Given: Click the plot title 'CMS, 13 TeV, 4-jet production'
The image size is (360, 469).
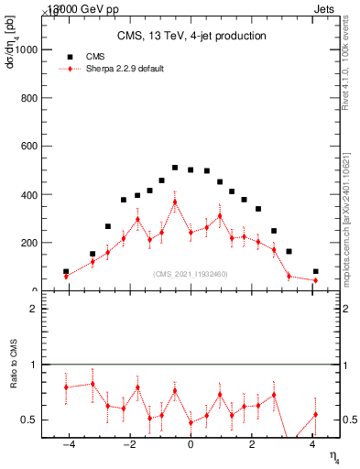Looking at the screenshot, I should tap(191, 37).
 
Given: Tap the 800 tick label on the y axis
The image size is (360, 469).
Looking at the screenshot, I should tap(31, 98).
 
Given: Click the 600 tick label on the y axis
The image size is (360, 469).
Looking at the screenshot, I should tap(31, 147).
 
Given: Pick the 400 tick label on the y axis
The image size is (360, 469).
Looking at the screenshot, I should tap(31, 195).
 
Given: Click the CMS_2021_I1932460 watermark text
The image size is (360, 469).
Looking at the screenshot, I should tap(191, 274).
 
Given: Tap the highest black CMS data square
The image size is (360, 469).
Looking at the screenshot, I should tap(175, 168).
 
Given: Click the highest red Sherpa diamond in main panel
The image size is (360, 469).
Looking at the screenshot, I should tap(175, 202).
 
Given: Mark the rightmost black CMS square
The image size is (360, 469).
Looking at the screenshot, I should tap(315, 271).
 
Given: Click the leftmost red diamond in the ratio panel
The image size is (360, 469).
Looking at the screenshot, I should tap(66, 387).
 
